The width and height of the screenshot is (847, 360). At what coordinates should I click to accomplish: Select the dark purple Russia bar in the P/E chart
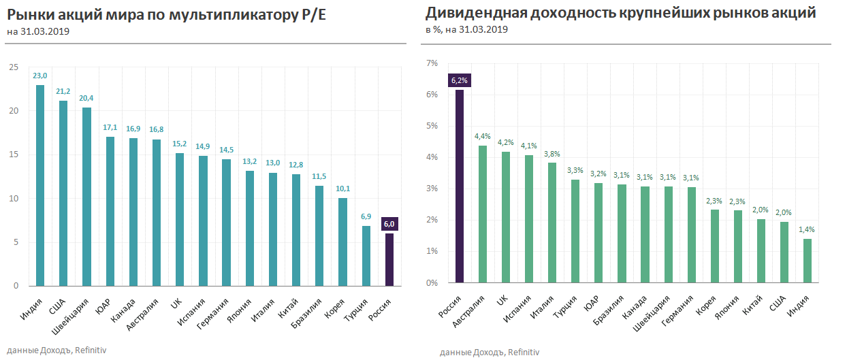tap(389, 259)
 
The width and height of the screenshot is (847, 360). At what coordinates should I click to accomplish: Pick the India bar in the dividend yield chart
tap(808, 261)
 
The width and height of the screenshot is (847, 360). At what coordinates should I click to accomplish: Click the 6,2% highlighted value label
tap(460, 80)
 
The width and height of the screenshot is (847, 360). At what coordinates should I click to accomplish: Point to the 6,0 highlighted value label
tap(389, 224)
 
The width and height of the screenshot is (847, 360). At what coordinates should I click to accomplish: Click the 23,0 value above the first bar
tap(40, 76)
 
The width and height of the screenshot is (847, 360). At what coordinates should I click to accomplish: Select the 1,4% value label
tap(808, 229)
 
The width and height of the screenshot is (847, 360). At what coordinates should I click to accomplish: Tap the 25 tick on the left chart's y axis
tap(13, 67)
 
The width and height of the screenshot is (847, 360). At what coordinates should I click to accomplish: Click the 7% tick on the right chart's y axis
tap(432, 63)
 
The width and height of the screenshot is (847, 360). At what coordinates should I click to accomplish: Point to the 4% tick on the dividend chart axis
tap(432, 157)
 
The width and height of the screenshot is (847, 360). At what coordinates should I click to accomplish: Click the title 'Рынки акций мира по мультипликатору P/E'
tap(166, 14)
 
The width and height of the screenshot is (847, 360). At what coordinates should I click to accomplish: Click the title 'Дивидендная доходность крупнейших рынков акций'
tap(620, 13)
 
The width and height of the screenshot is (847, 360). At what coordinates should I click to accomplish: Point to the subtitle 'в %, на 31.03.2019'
tap(466, 29)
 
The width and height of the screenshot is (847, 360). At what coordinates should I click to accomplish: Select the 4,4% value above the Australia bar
tap(483, 136)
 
